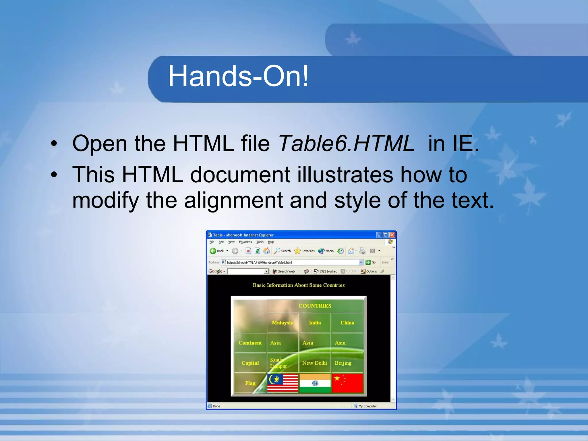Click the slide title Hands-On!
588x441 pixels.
pos(238,76)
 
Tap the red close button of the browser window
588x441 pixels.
pos(392,235)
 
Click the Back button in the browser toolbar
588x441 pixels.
pos(217,251)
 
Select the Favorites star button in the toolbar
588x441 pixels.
pos(304,251)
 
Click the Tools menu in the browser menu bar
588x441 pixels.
pos(260,242)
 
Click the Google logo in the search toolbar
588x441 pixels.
pos(215,271)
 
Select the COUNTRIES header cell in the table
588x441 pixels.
pos(315,306)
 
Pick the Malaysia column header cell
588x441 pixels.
pos(283,323)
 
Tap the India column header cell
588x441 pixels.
pos(315,323)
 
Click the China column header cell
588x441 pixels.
pos(347,323)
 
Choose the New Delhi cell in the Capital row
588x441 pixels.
pos(314,363)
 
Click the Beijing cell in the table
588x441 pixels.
pos(343,363)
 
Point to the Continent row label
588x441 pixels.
pos(250,343)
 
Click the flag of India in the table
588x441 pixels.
pos(315,383)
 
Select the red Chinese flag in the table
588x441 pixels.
pos(347,383)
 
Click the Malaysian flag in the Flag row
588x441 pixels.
pos(283,383)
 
